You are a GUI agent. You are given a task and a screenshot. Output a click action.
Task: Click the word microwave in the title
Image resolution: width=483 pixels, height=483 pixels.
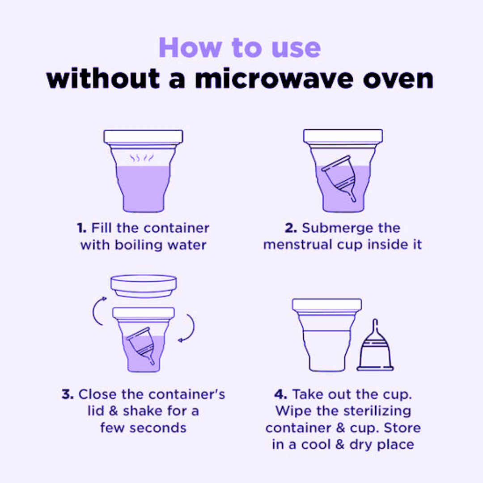[x=274, y=79]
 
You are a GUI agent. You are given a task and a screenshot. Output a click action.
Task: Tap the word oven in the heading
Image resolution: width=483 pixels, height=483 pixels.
[x=398, y=79]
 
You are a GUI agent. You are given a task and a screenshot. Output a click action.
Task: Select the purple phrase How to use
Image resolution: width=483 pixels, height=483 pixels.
[x=240, y=47]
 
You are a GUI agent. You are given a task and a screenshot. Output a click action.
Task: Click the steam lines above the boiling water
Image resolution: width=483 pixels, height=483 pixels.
[x=142, y=158]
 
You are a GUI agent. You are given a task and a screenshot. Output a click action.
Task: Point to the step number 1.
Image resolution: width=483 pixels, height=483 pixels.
[x=82, y=228]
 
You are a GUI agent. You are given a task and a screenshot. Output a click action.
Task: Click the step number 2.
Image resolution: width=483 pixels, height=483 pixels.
[x=291, y=228]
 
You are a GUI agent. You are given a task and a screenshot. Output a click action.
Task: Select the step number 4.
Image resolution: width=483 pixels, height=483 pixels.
[x=280, y=394]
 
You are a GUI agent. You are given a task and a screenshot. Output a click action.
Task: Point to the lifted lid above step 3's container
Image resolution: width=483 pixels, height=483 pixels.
[x=144, y=286]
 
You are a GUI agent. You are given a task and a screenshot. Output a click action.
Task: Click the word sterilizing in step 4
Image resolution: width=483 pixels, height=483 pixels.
[x=377, y=411]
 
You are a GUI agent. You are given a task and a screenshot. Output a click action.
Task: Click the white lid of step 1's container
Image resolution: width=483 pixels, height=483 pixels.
[x=143, y=136]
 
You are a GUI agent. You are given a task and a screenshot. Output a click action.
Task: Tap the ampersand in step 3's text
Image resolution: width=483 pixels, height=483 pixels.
[x=114, y=411]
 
